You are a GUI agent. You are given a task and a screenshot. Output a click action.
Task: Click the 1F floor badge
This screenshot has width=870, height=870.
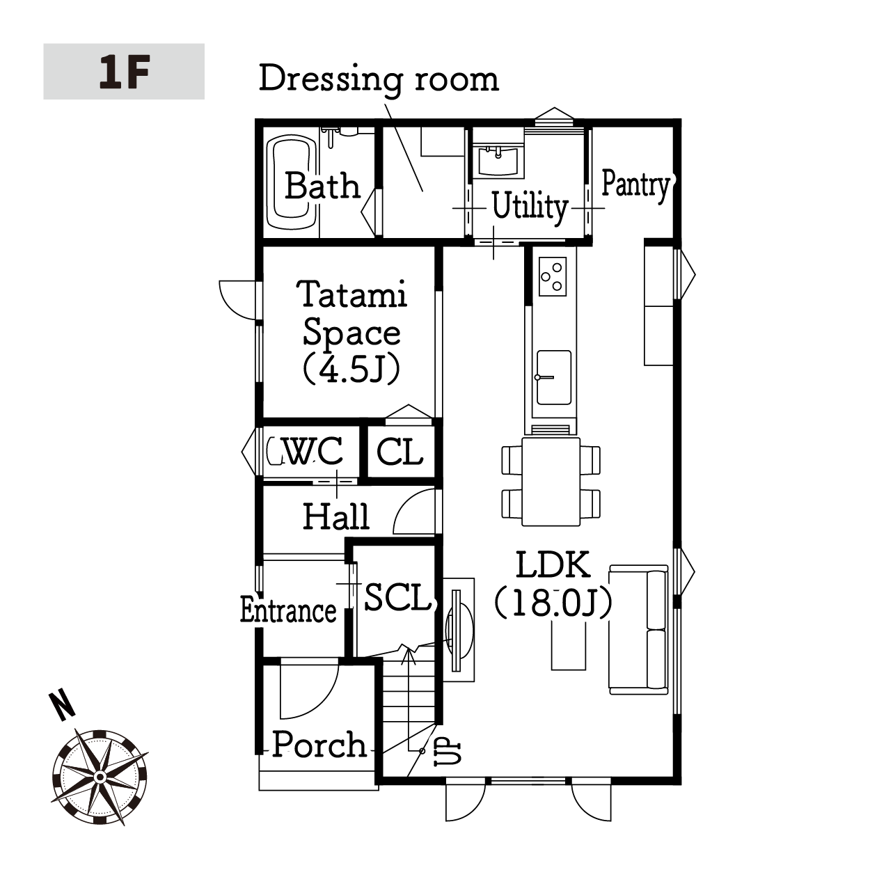(124, 71)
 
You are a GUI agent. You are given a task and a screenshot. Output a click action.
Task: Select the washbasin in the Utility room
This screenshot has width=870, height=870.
(498, 161)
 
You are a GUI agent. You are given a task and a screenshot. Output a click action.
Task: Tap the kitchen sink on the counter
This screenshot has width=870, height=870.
(553, 377)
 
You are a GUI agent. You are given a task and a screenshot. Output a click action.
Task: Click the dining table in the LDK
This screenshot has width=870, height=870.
(551, 481)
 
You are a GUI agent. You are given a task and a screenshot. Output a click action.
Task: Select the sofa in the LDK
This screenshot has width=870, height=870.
(638, 629)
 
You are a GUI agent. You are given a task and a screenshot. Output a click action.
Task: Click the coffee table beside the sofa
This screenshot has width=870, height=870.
(569, 644)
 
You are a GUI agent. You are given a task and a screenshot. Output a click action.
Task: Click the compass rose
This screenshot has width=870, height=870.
(100, 777)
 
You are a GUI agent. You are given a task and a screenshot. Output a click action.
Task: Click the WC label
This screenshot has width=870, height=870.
(313, 450)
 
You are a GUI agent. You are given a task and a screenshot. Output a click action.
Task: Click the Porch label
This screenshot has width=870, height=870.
(319, 745)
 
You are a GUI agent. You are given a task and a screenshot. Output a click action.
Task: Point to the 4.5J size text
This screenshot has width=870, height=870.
(351, 368)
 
